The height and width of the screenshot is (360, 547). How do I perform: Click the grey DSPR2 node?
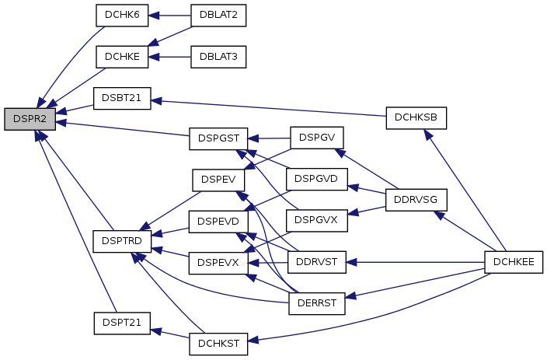(30, 120)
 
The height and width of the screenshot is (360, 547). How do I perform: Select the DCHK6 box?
(121, 15)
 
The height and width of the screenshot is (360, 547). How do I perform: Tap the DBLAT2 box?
(218, 15)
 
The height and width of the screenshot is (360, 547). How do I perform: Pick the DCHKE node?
(121, 57)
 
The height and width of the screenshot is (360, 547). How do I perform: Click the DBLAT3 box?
(218, 57)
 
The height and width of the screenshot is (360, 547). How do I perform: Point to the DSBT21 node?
(121, 99)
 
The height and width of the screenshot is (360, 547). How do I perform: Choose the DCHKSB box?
(416, 117)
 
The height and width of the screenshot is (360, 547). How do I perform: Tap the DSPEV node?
(218, 179)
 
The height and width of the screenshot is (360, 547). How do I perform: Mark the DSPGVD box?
(316, 179)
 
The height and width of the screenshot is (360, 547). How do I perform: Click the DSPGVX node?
(316, 220)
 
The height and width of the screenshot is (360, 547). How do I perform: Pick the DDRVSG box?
(416, 200)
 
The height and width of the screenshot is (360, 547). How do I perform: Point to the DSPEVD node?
(218, 221)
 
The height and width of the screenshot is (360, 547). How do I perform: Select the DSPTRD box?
(121, 241)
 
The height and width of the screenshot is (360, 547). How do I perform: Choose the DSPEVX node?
(218, 263)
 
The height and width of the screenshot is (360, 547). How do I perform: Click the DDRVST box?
(316, 262)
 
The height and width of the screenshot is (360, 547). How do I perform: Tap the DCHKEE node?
(513, 262)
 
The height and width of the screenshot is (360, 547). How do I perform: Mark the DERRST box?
(316, 304)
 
